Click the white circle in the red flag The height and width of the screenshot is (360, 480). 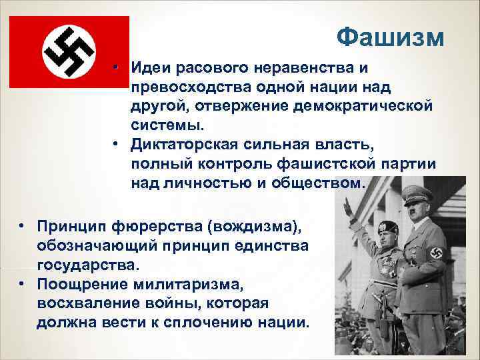point(69,52)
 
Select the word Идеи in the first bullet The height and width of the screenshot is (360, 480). point(149,68)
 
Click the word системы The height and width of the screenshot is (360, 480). point(165,125)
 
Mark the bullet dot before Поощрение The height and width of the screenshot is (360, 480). point(23,285)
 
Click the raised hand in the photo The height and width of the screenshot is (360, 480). point(347,208)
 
